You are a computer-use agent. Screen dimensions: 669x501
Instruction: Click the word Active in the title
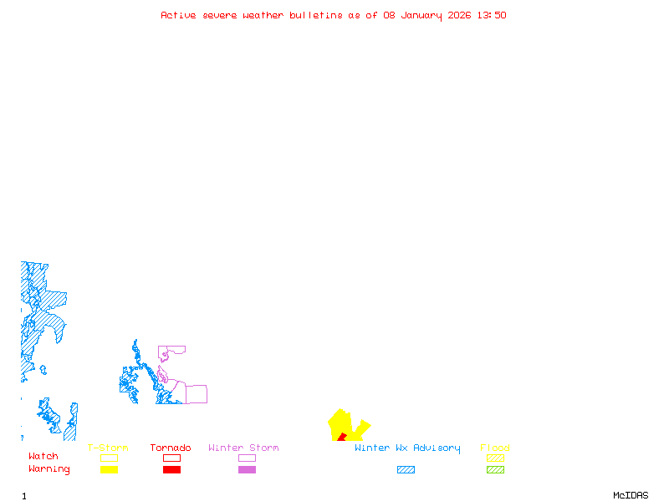[x=178, y=15]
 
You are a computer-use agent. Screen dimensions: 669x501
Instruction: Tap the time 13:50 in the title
[x=491, y=15]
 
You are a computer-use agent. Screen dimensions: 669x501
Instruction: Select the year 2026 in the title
[x=459, y=15]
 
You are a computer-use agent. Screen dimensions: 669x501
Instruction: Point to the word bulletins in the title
[x=316, y=15]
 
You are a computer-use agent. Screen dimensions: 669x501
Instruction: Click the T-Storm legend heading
[x=108, y=448]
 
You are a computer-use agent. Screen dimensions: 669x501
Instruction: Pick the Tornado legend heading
[x=171, y=448]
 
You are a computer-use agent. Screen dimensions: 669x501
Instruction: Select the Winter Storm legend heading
[x=243, y=448]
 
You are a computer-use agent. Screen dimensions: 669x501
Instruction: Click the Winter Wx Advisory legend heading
[x=407, y=448]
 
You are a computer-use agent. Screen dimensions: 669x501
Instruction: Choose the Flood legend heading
[x=495, y=448]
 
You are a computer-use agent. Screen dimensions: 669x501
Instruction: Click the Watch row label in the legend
[x=43, y=457]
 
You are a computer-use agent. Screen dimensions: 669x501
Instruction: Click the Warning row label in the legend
[x=49, y=469]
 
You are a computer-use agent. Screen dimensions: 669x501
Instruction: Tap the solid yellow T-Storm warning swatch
[x=109, y=469]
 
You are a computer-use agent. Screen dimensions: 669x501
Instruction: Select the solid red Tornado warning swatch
[x=171, y=469]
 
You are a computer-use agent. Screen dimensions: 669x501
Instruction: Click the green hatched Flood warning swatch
[x=495, y=469]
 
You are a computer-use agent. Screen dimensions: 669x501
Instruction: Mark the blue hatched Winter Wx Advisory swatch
[x=406, y=469]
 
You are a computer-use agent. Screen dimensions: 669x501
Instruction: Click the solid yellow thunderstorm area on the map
[x=352, y=428]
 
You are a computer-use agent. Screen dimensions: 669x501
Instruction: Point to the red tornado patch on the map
[x=341, y=437]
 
